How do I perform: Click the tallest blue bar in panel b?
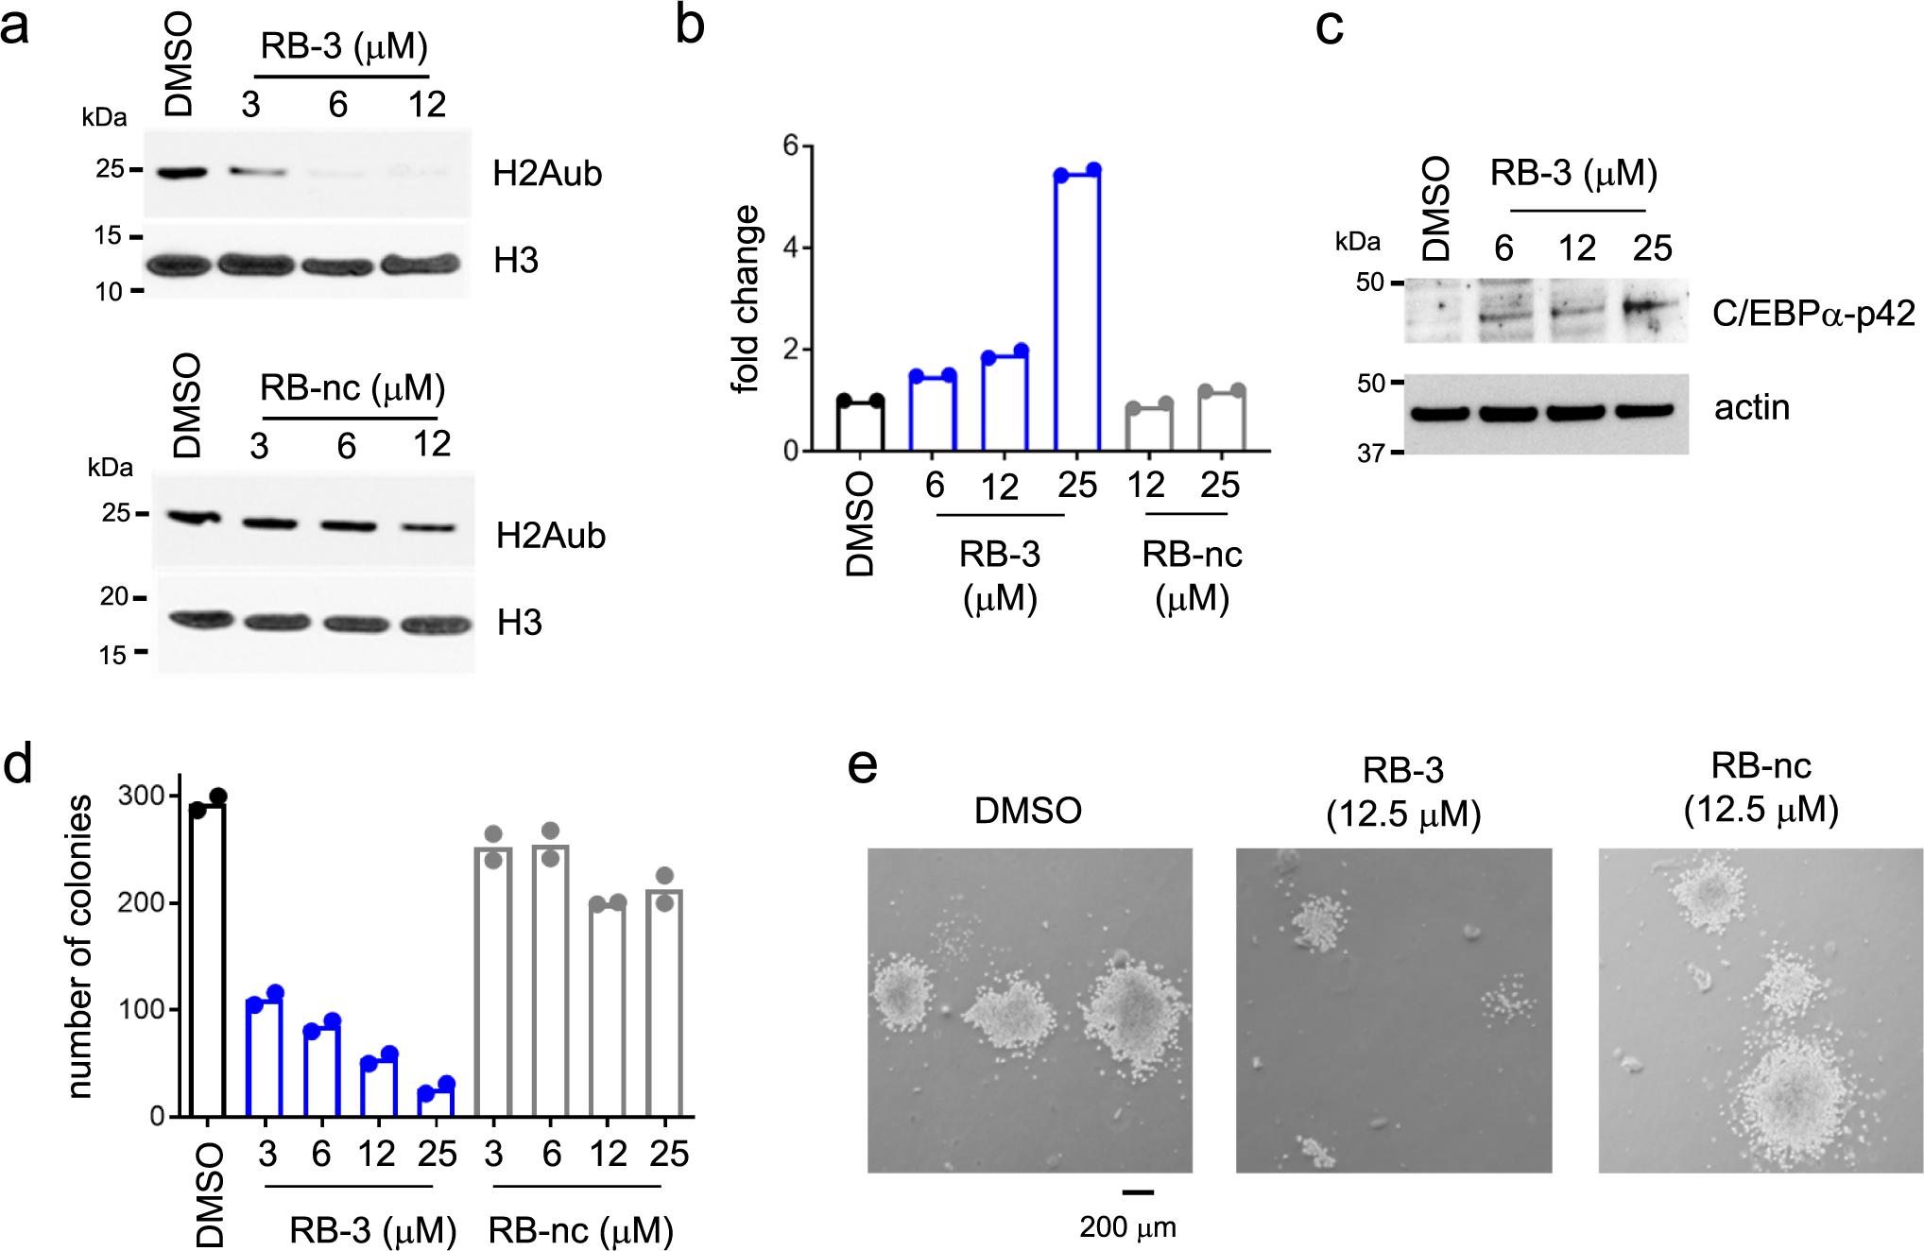pyautogui.click(x=1077, y=312)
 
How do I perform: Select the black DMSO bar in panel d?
pyautogui.click(x=207, y=959)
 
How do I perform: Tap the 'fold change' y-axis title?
pyautogui.click(x=747, y=299)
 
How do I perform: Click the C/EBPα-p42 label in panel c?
pyautogui.click(x=1812, y=313)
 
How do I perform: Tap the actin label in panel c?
pyautogui.click(x=1751, y=407)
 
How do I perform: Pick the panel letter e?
pyautogui.click(x=863, y=767)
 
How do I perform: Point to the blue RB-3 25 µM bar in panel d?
pyautogui.click(x=437, y=1103)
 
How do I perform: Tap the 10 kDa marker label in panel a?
pyautogui.click(x=109, y=291)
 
